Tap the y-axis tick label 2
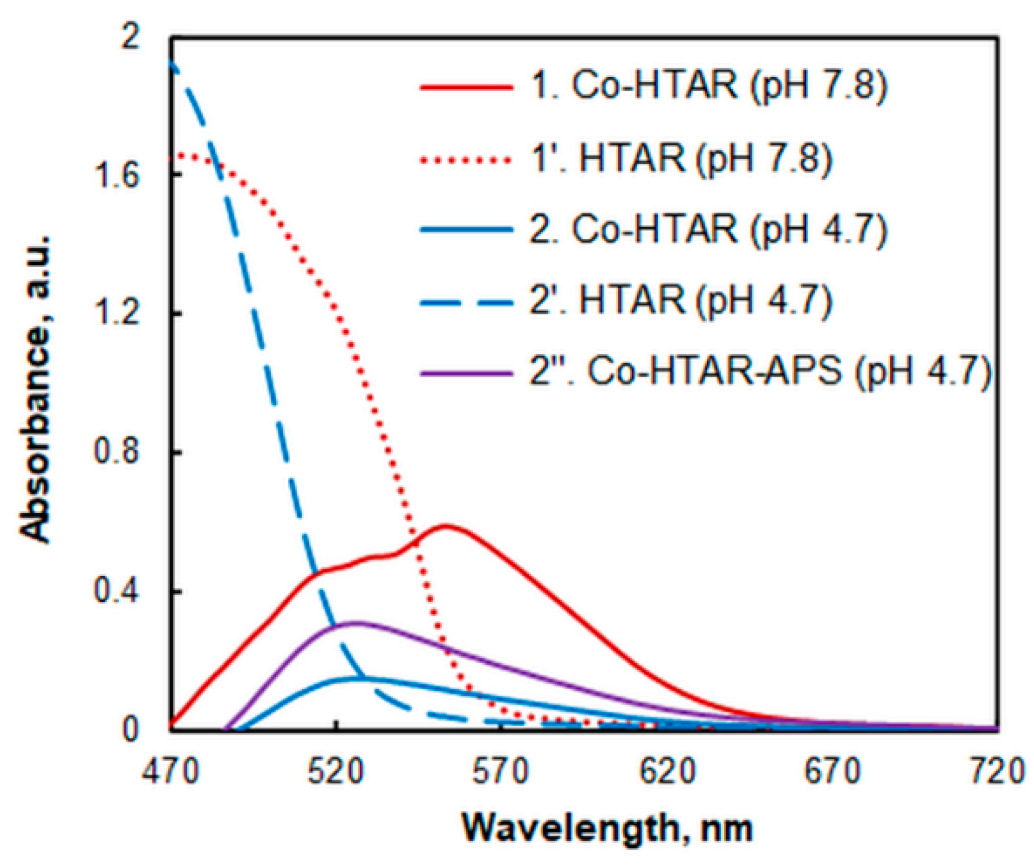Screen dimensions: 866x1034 pyautogui.click(x=130, y=37)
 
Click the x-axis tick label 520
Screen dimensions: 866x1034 pyautogui.click(x=336, y=772)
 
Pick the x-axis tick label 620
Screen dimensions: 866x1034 pyautogui.click(x=668, y=772)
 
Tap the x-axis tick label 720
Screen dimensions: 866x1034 pyautogui.click(x=998, y=772)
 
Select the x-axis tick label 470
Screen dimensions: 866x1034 pyautogui.click(x=171, y=772)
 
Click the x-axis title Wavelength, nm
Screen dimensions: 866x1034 pyautogui.click(x=606, y=828)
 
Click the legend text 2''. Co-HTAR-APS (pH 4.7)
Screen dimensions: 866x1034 pyautogui.click(x=759, y=372)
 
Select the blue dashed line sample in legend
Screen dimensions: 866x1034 pyautogui.click(x=466, y=300)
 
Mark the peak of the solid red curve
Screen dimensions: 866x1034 pyautogui.click(x=446, y=527)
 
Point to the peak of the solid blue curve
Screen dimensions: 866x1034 pyautogui.click(x=355, y=678)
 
